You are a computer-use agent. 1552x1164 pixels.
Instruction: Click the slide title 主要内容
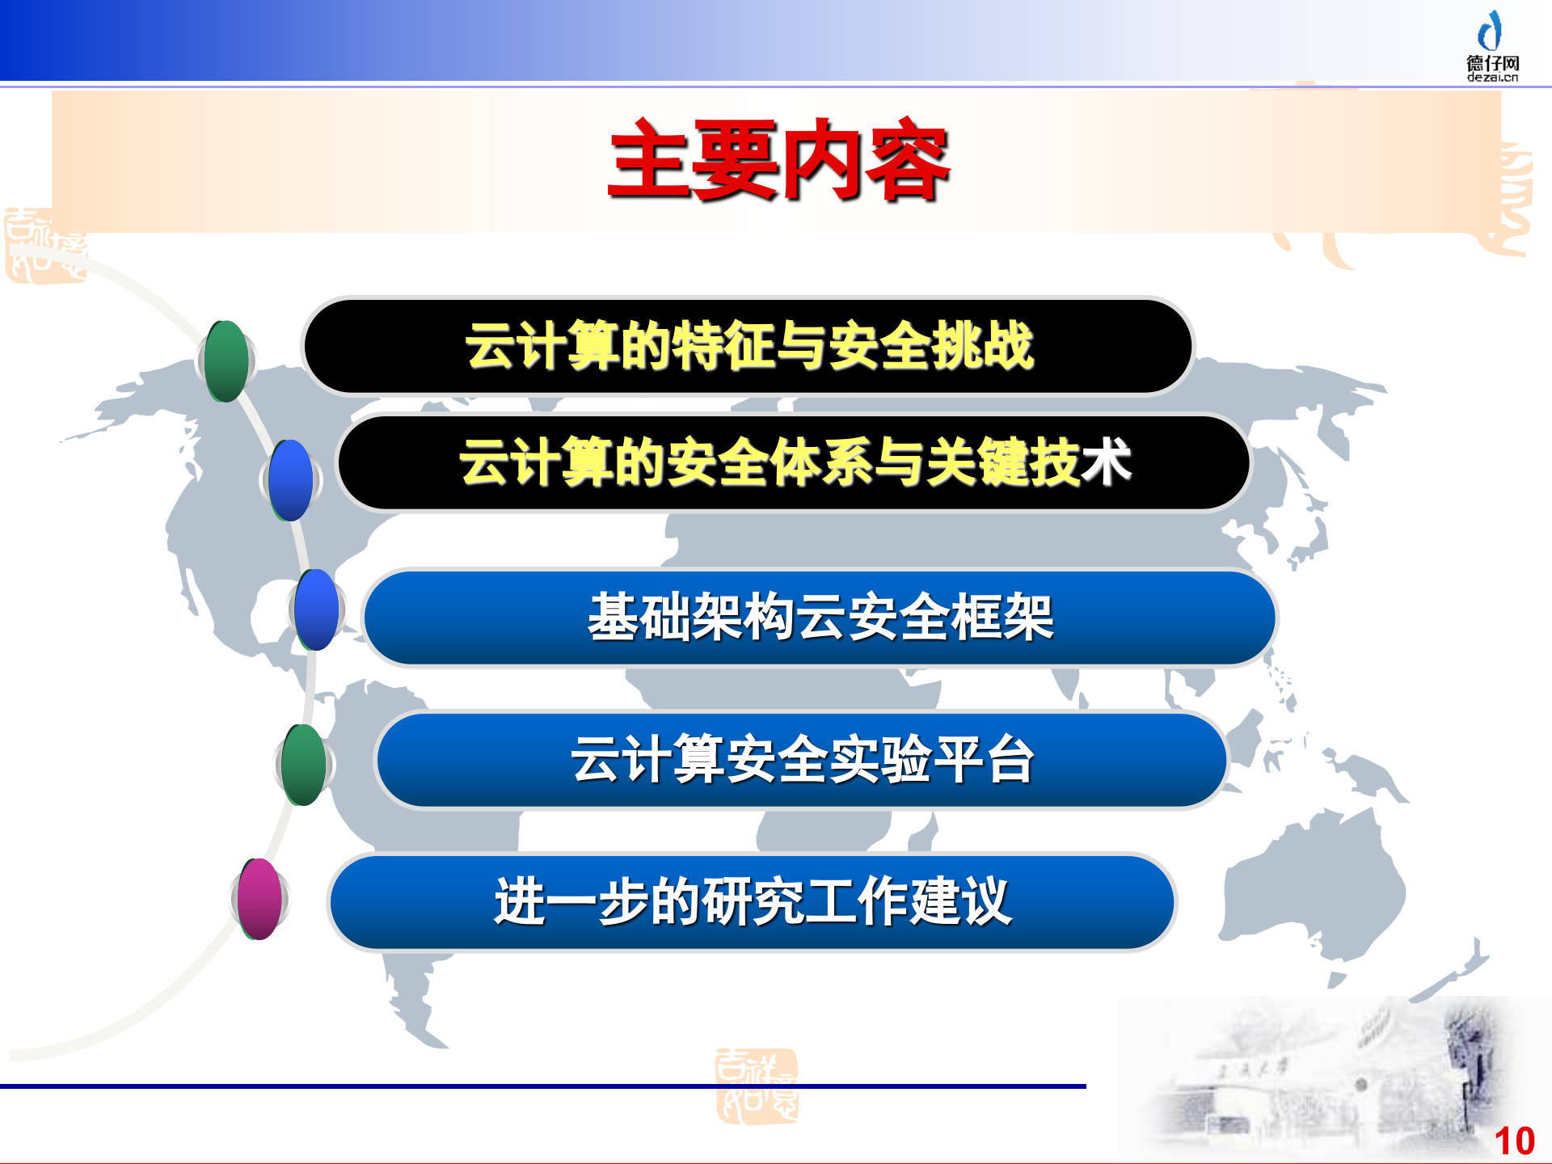[778, 159]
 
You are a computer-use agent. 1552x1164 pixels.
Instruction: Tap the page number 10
[1514, 1141]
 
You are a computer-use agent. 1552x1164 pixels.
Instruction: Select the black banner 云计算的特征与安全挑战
[748, 346]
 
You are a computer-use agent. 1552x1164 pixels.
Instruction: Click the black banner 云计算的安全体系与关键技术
[794, 462]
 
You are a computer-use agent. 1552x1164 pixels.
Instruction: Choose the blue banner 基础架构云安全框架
[820, 618]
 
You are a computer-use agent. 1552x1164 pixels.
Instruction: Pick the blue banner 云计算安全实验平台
[802, 760]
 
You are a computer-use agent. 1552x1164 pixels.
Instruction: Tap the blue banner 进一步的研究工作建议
[752, 901]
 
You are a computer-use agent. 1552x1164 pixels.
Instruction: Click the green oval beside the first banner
[226, 361]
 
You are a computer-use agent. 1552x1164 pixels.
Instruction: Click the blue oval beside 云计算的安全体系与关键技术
[291, 480]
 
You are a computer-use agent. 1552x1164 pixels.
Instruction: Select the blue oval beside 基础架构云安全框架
[317, 609]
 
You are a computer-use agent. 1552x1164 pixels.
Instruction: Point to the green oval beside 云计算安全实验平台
[305, 765]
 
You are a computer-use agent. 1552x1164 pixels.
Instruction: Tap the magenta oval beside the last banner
[259, 899]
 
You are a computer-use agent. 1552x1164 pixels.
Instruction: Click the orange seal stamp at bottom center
[757, 1086]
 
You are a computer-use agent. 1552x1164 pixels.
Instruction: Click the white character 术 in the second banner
[1106, 462]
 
